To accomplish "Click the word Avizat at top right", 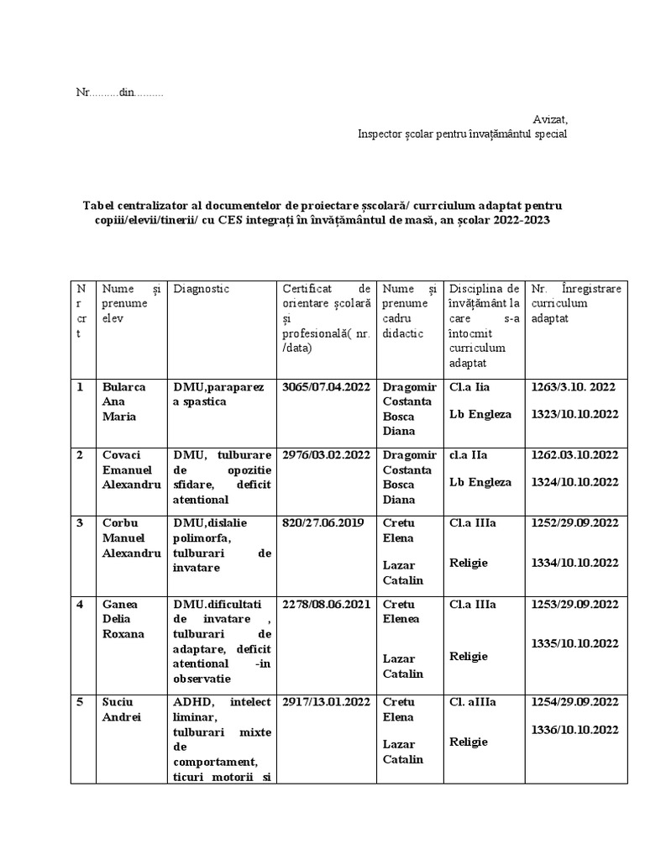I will tap(550, 119).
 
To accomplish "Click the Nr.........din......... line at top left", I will tap(120, 92).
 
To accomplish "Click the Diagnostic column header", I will tap(202, 289).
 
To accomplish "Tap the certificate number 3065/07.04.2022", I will tap(326, 387).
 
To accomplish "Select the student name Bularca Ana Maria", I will tap(123, 402).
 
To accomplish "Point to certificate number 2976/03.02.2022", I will tap(326, 455).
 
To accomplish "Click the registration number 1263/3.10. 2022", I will tap(574, 387).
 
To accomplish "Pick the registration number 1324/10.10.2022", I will tap(574, 482).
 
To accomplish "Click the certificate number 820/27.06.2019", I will tap(323, 523).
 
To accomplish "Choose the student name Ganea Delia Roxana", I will tap(123, 619).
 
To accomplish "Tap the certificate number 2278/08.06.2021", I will tap(325, 605).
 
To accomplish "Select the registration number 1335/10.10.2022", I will tap(574, 643).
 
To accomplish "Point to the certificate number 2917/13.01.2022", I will tap(326, 702).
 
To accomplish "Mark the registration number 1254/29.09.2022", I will tap(574, 702).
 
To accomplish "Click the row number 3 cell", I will tap(81, 523).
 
